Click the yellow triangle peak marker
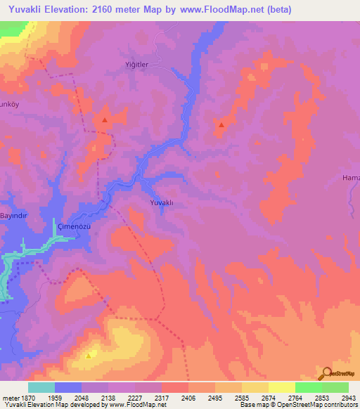88,355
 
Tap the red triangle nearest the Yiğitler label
105,120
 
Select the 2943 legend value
348,398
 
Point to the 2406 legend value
188,398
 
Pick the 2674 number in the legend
268,398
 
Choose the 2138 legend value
109,398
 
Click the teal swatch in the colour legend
41,387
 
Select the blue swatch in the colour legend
68,387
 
